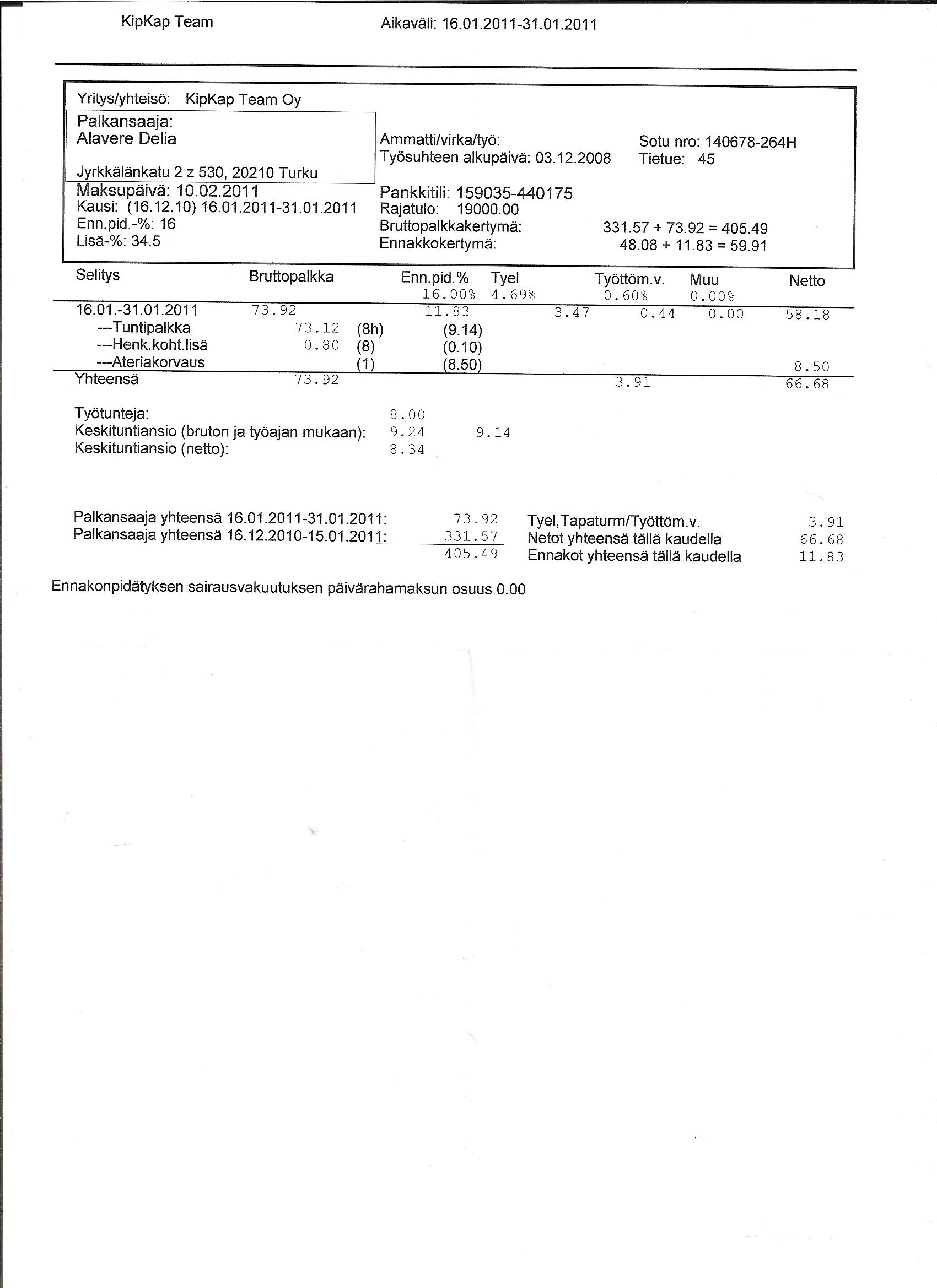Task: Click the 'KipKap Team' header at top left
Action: click(167, 22)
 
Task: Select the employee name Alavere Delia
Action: click(126, 139)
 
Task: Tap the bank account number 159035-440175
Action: click(514, 194)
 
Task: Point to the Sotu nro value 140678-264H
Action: click(750, 142)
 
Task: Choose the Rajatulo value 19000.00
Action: click(488, 210)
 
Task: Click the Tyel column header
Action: click(504, 278)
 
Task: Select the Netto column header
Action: click(807, 280)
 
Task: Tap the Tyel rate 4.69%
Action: click(513, 295)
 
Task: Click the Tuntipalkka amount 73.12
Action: click(317, 328)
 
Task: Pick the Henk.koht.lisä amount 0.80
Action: click(322, 345)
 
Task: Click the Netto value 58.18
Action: click(807, 315)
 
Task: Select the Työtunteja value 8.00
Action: click(407, 415)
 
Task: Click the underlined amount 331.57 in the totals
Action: click(471, 536)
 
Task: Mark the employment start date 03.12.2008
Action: click(573, 158)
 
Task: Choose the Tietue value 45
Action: click(706, 159)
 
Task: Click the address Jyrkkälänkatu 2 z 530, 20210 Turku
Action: click(197, 173)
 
